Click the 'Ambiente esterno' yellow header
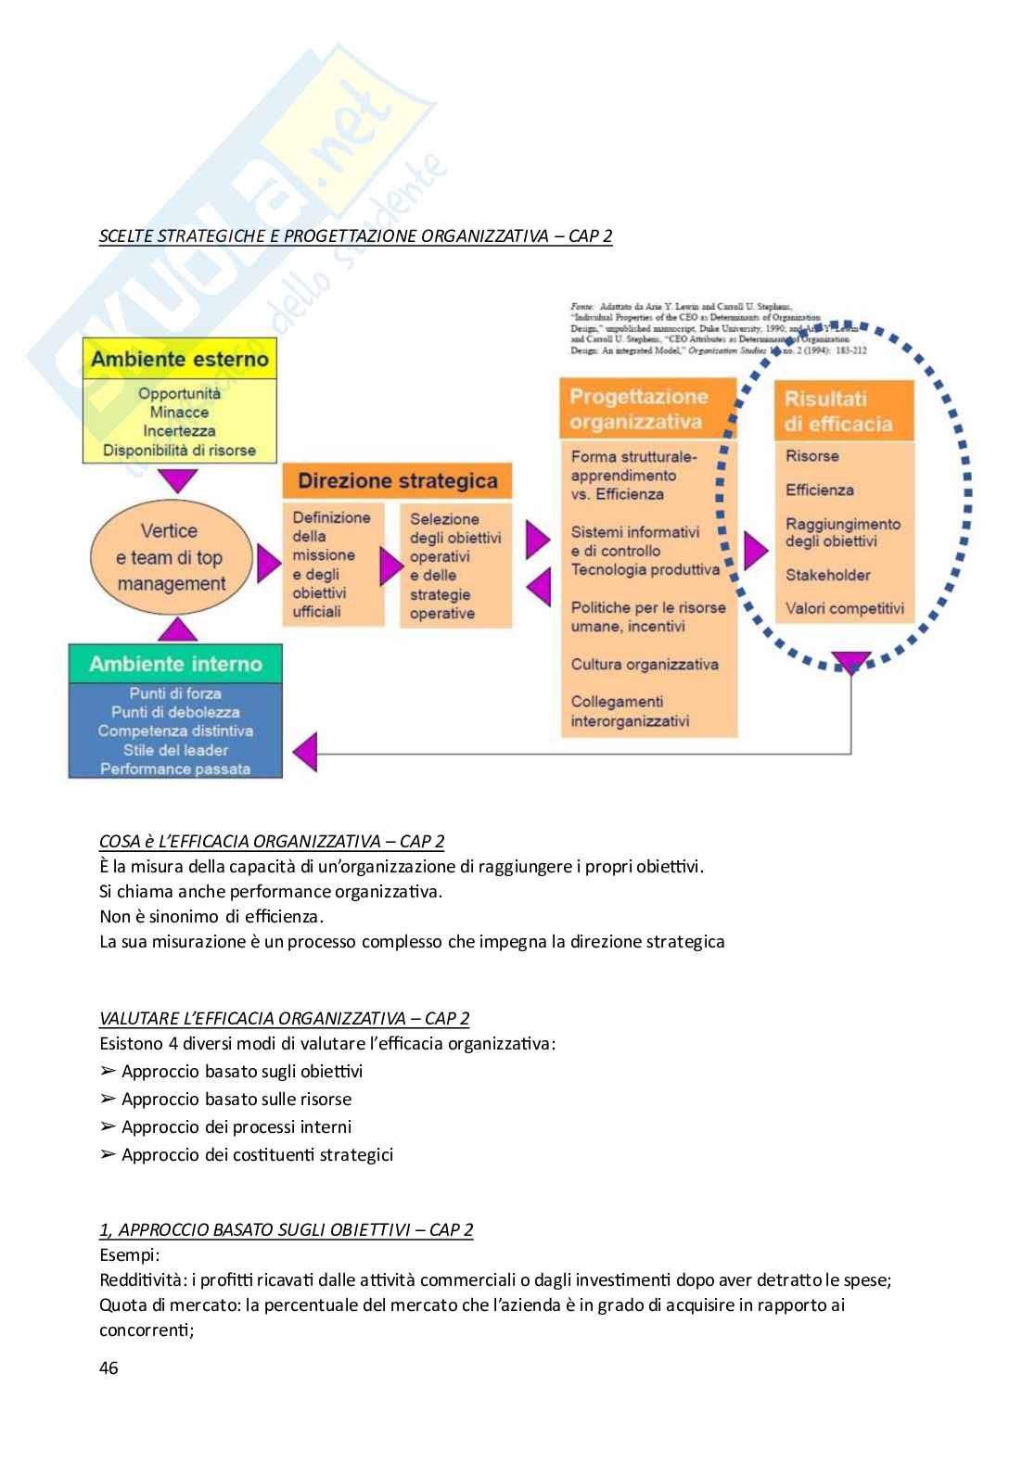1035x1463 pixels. click(x=180, y=359)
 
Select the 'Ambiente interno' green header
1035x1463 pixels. click(x=175, y=664)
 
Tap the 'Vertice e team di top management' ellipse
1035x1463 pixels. click(x=172, y=557)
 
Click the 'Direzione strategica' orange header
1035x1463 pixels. click(x=397, y=481)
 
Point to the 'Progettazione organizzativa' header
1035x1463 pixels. click(x=646, y=409)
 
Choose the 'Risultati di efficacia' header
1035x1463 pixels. click(x=844, y=412)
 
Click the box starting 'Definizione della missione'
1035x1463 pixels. click(x=332, y=564)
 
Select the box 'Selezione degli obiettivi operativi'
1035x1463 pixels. click(x=455, y=566)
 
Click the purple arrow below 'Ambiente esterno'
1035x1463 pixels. click(x=179, y=480)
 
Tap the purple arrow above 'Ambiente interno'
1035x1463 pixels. click(x=178, y=630)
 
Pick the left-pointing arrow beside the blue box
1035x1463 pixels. click(x=305, y=745)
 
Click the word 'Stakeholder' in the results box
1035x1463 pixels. click(x=827, y=575)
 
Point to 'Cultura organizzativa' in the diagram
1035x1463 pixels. click(x=645, y=664)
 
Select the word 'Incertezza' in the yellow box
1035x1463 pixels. click(x=179, y=431)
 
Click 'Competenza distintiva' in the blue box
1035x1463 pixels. click(x=175, y=731)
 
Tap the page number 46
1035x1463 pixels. click(x=109, y=1368)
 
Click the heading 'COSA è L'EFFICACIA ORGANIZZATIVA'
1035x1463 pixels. click(x=271, y=842)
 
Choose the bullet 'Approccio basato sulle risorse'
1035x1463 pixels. click(x=236, y=1100)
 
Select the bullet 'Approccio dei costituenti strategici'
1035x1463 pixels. click(x=257, y=1155)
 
